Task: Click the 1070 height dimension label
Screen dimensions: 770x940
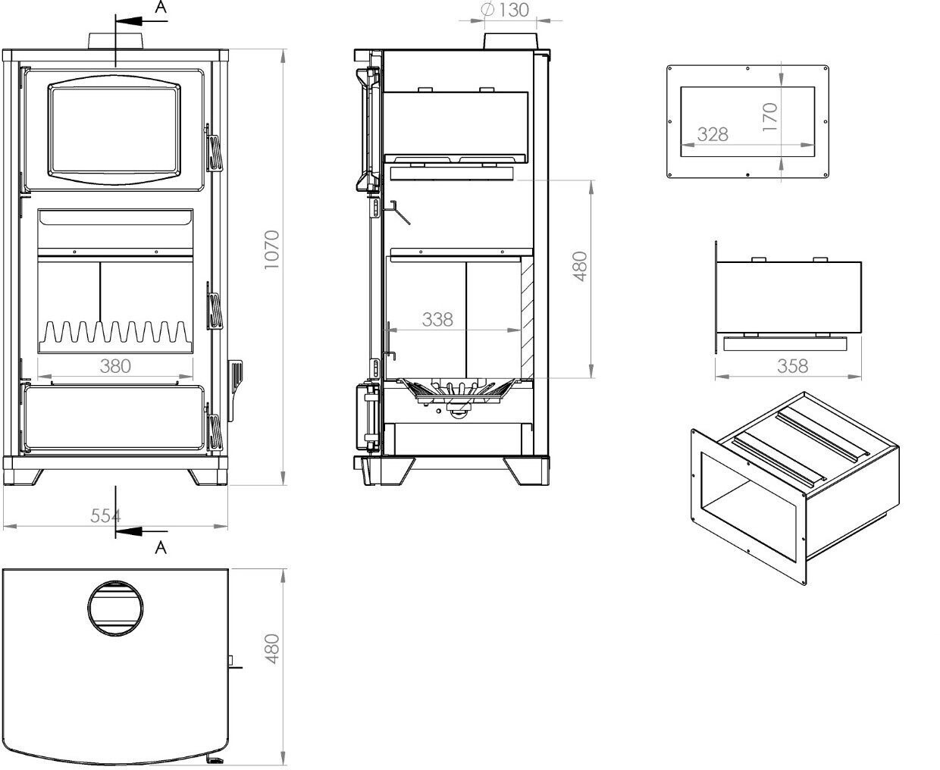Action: click(x=272, y=249)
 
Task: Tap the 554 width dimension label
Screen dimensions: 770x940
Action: click(x=105, y=516)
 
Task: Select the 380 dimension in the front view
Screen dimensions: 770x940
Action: click(x=115, y=366)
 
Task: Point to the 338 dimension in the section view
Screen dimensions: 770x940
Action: click(x=437, y=320)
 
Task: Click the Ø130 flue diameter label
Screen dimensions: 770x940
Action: click(x=506, y=11)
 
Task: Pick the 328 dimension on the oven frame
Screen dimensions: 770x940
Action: click(x=713, y=134)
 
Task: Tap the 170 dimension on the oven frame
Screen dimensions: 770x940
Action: click(x=770, y=117)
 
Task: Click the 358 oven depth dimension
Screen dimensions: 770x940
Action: click(x=793, y=366)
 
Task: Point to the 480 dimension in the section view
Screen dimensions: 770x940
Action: click(x=580, y=267)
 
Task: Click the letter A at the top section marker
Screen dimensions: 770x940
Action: click(x=160, y=8)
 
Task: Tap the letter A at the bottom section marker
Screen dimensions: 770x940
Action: click(x=160, y=547)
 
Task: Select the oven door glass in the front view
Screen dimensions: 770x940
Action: click(x=115, y=127)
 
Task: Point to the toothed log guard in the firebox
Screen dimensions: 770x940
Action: click(x=115, y=333)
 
